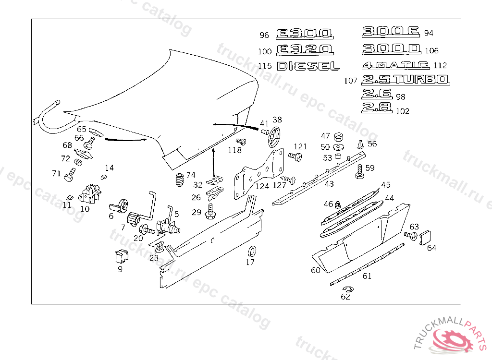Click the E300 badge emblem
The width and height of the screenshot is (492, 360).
pos(304,34)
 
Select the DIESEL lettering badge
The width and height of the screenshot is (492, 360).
pos(308,66)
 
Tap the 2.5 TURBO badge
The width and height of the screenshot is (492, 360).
pos(405,80)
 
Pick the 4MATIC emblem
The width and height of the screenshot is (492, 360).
pos(396,65)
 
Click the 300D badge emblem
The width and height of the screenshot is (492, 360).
pos(391,49)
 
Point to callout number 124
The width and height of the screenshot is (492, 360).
pos(262,186)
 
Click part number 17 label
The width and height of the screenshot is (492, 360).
pos(250,262)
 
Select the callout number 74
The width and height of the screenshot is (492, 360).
pos(191,175)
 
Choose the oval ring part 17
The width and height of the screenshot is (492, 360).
pos(251,251)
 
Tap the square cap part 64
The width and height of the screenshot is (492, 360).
pos(425,238)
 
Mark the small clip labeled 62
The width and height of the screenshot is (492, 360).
pos(347,289)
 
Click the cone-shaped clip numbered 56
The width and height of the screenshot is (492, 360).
pos(360,144)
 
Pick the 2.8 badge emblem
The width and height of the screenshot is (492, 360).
pos(377,107)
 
